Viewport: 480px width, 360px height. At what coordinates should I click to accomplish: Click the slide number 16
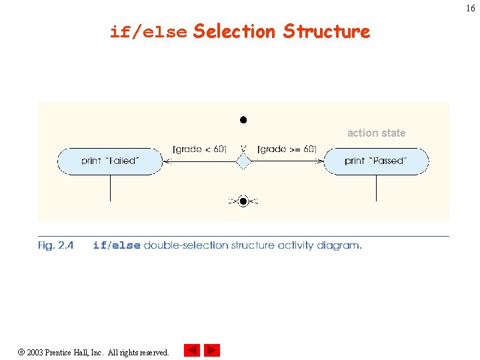pos(471,9)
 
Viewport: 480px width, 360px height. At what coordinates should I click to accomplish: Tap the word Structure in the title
pos(326,31)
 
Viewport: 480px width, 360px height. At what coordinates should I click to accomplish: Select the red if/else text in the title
pos(148,32)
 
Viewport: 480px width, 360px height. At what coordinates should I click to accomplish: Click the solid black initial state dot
pos(243,120)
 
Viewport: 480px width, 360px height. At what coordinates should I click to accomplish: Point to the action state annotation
pos(376,133)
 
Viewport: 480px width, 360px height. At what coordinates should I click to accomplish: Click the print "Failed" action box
pos(110,161)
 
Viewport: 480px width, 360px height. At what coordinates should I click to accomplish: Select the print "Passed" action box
pos(376,161)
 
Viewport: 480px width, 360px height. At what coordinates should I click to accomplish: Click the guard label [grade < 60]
pos(199,149)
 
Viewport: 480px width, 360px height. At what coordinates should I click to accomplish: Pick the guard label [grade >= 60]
pos(287,149)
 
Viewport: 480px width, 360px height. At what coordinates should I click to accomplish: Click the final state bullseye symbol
pos(243,201)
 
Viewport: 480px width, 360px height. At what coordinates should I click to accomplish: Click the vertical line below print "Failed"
pos(110,188)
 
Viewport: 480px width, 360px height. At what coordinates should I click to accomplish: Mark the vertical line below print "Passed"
pos(376,188)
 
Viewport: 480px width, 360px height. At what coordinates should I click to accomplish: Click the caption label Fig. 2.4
pos(55,245)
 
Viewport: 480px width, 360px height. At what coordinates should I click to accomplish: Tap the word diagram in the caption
pos(338,245)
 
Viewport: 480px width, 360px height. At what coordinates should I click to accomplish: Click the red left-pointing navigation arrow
pos(192,350)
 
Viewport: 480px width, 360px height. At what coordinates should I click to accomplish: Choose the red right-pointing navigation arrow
pos(212,350)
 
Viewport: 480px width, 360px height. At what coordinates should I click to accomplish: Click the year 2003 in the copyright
pos(35,352)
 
